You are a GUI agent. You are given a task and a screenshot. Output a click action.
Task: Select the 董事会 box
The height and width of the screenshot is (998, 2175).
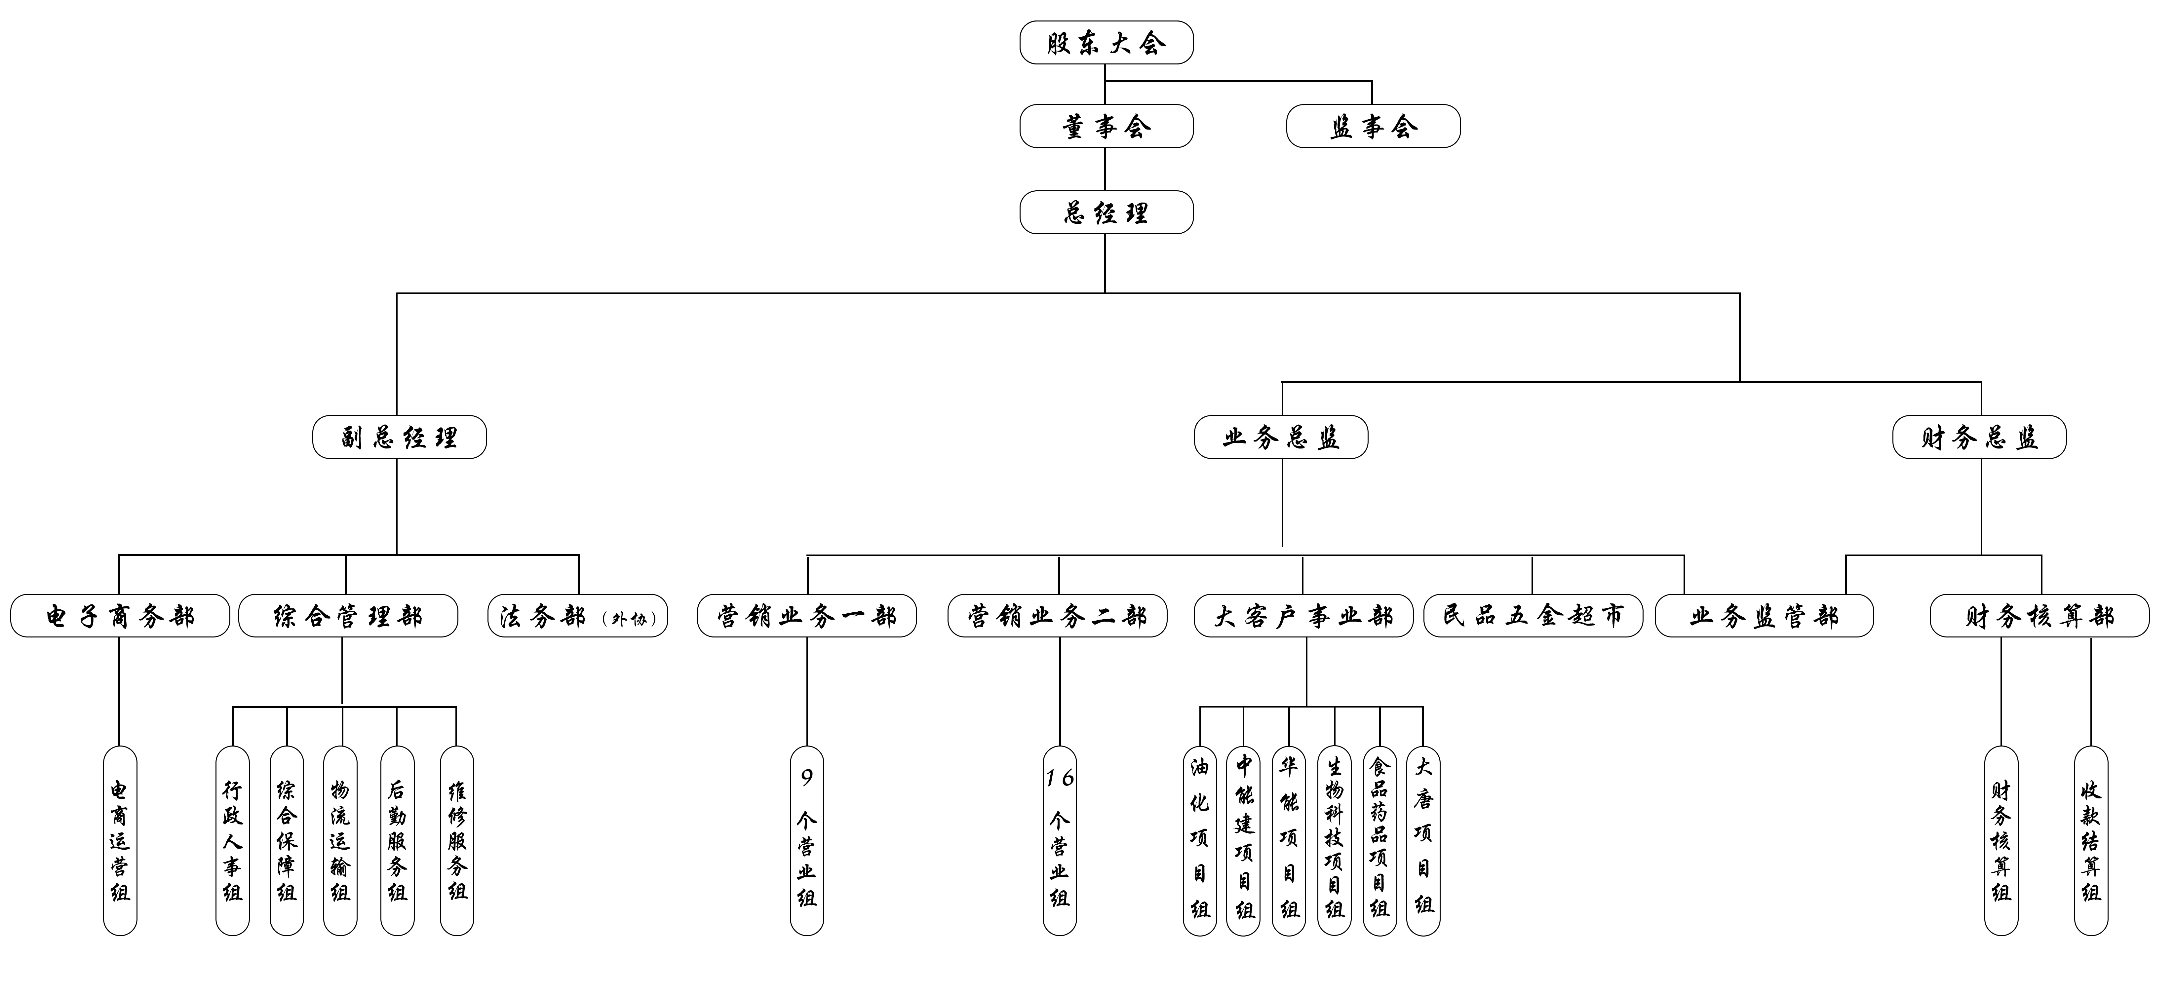1106,127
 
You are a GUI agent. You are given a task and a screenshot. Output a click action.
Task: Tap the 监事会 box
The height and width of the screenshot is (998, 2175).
1373,127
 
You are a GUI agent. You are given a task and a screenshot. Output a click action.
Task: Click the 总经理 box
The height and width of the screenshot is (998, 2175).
1106,213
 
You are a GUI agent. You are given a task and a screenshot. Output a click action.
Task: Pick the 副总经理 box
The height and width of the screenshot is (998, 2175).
399,437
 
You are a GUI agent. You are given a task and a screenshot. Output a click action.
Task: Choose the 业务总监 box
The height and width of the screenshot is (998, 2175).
1281,437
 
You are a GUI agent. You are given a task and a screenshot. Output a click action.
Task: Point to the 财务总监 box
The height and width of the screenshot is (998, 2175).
1979,437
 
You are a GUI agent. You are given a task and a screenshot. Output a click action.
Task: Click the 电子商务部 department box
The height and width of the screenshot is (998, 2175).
120,616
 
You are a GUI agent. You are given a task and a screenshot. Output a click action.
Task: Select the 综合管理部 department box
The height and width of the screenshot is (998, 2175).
348,616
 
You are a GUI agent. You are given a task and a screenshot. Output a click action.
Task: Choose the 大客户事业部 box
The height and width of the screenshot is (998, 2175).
1303,616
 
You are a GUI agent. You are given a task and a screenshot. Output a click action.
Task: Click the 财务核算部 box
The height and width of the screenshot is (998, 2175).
2039,616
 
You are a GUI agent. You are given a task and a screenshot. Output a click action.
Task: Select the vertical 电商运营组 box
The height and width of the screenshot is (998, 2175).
120,840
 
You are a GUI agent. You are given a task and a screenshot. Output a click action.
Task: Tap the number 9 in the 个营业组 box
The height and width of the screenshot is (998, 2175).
806,777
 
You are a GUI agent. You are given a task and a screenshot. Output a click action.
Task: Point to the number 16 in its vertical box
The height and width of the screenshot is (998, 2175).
1060,777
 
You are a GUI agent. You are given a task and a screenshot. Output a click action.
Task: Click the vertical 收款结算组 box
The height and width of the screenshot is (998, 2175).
2091,840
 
